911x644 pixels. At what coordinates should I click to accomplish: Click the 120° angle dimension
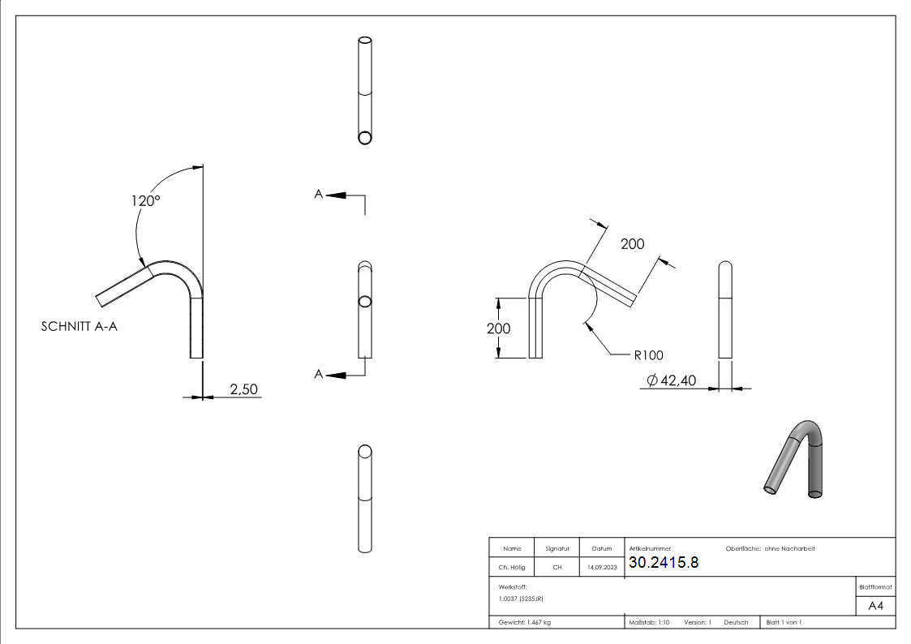146,200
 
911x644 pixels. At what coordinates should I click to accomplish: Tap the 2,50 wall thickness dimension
243,389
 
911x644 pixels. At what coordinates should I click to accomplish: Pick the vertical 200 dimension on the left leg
499,328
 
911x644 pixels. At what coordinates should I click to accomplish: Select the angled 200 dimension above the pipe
632,243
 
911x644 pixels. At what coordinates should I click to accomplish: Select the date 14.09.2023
602,568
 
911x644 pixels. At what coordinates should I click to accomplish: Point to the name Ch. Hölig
511,568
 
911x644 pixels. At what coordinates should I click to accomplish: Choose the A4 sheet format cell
876,605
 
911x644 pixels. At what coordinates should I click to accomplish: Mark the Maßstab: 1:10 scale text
649,622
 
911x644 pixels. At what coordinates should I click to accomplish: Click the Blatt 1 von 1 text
784,622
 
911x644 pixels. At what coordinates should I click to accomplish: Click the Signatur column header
557,549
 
